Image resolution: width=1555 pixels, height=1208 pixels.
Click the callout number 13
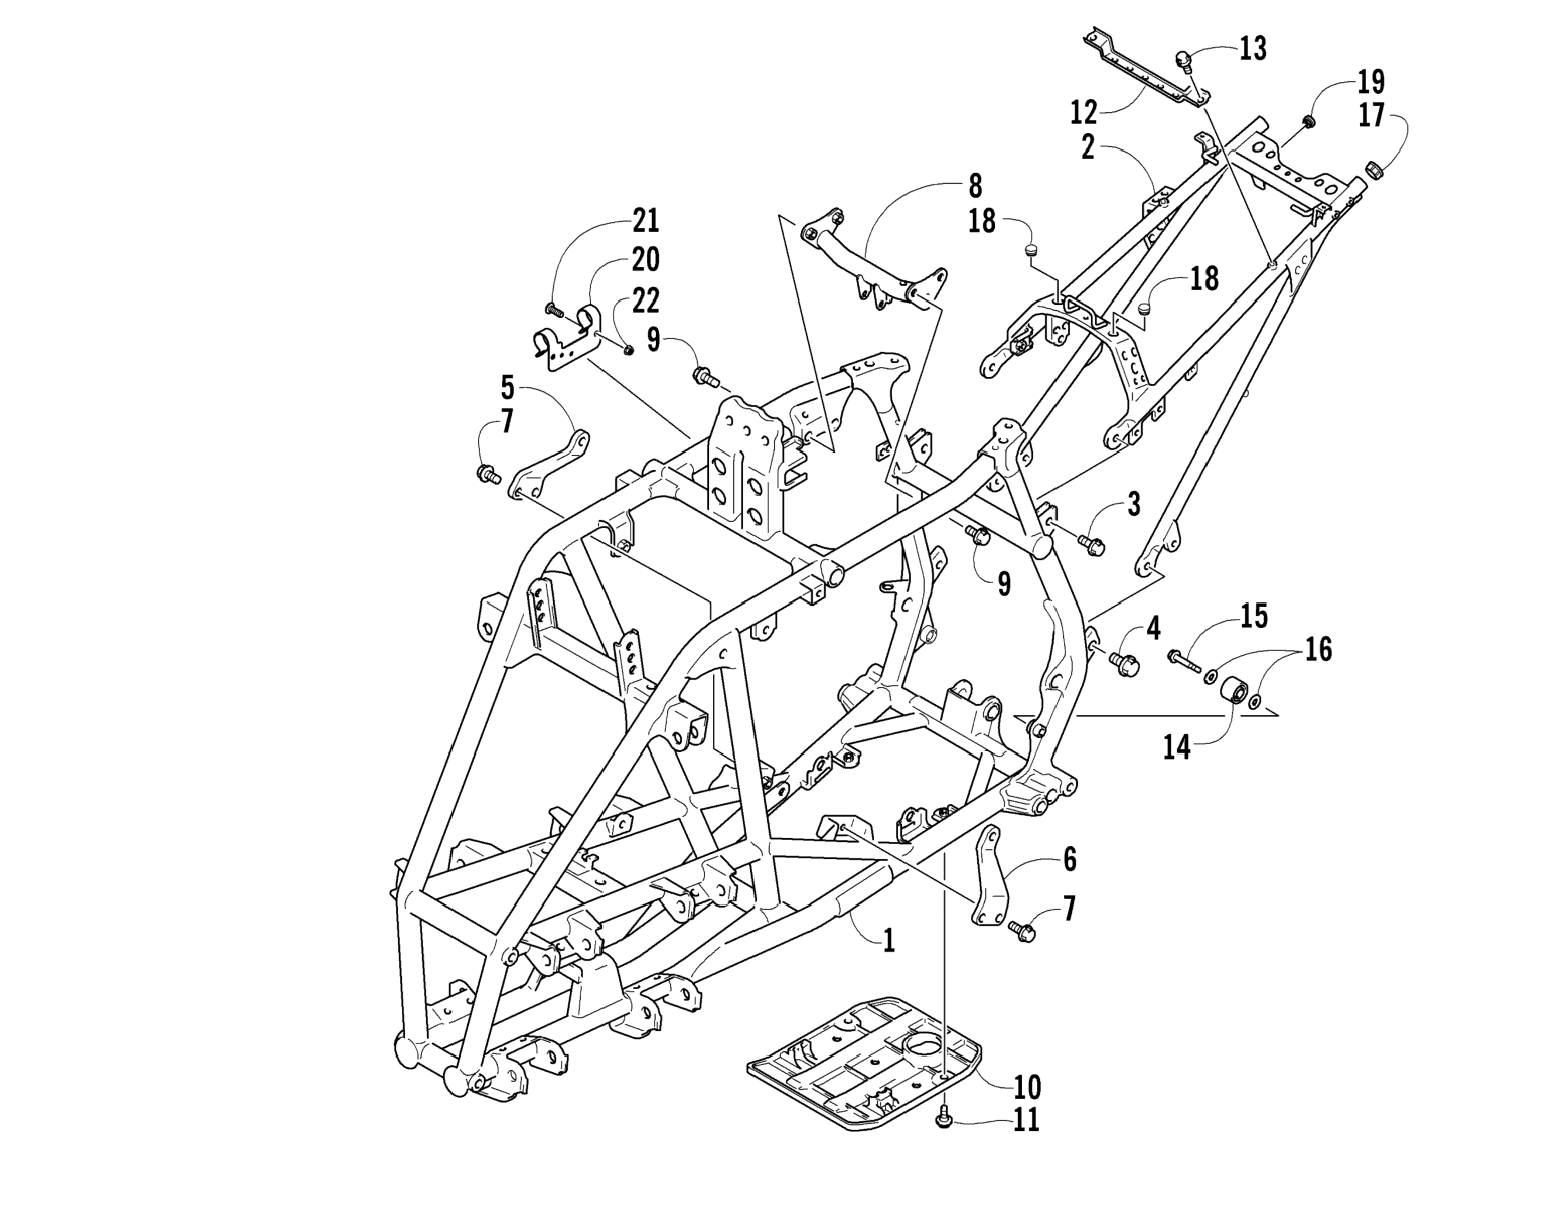pyautogui.click(x=1253, y=49)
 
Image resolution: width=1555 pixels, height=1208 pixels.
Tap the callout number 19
pyautogui.click(x=1371, y=82)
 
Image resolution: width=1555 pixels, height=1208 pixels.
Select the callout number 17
pyautogui.click(x=1371, y=115)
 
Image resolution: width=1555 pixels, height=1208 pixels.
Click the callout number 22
pyautogui.click(x=646, y=301)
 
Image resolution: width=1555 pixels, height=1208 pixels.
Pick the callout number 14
pyautogui.click(x=1176, y=748)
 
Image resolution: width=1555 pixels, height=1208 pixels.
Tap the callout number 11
pyautogui.click(x=1025, y=1121)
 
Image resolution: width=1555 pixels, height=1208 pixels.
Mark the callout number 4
pyautogui.click(x=1153, y=628)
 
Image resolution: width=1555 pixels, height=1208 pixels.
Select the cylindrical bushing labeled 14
pyautogui.click(x=1234, y=692)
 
